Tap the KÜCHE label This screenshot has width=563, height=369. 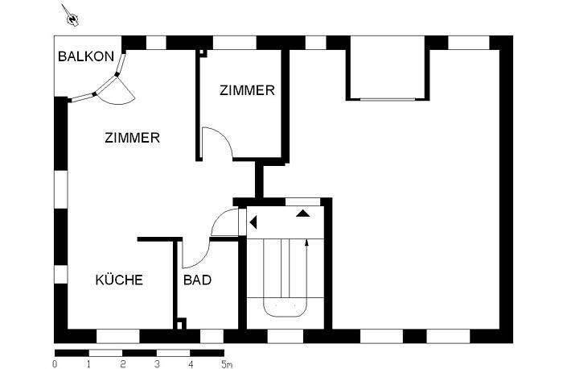(x=119, y=280)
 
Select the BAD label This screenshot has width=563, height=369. (x=197, y=280)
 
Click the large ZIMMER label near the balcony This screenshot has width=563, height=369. (x=132, y=138)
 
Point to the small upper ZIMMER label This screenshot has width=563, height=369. (x=246, y=91)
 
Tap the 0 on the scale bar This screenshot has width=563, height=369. (x=54, y=363)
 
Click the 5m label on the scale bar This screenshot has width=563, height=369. (x=228, y=363)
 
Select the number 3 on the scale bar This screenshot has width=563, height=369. (x=157, y=363)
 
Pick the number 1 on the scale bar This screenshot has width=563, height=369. (x=88, y=363)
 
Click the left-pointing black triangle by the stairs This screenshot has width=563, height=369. (x=253, y=222)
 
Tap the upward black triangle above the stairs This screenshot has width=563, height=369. (x=303, y=214)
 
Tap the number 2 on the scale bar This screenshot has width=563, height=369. (x=122, y=363)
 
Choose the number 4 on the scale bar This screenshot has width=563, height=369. (x=191, y=363)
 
